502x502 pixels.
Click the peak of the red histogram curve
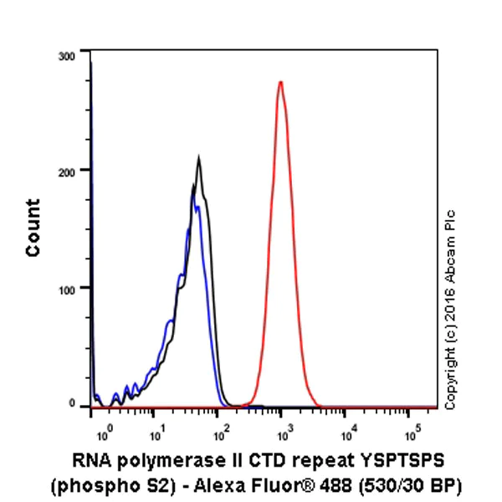tap(281, 82)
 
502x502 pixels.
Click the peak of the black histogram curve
tap(198, 156)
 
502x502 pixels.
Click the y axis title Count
tap(33, 228)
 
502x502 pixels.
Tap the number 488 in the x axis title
tap(350, 485)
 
